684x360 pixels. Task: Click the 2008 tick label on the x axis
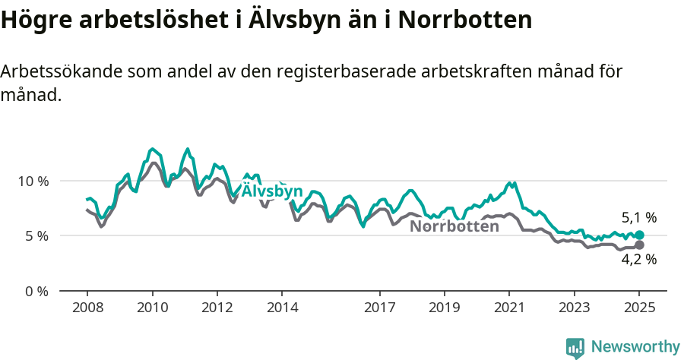[87, 308]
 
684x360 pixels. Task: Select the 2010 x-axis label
[152, 308]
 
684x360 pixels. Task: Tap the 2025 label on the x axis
[639, 308]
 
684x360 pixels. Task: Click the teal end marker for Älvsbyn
[639, 235]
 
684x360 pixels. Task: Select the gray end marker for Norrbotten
[639, 245]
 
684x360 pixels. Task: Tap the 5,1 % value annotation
[638, 217]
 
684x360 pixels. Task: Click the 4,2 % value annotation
[638, 260]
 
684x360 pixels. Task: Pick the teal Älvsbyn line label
[272, 191]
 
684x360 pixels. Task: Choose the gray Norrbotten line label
[454, 226]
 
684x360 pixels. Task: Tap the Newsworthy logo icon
[575, 347]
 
